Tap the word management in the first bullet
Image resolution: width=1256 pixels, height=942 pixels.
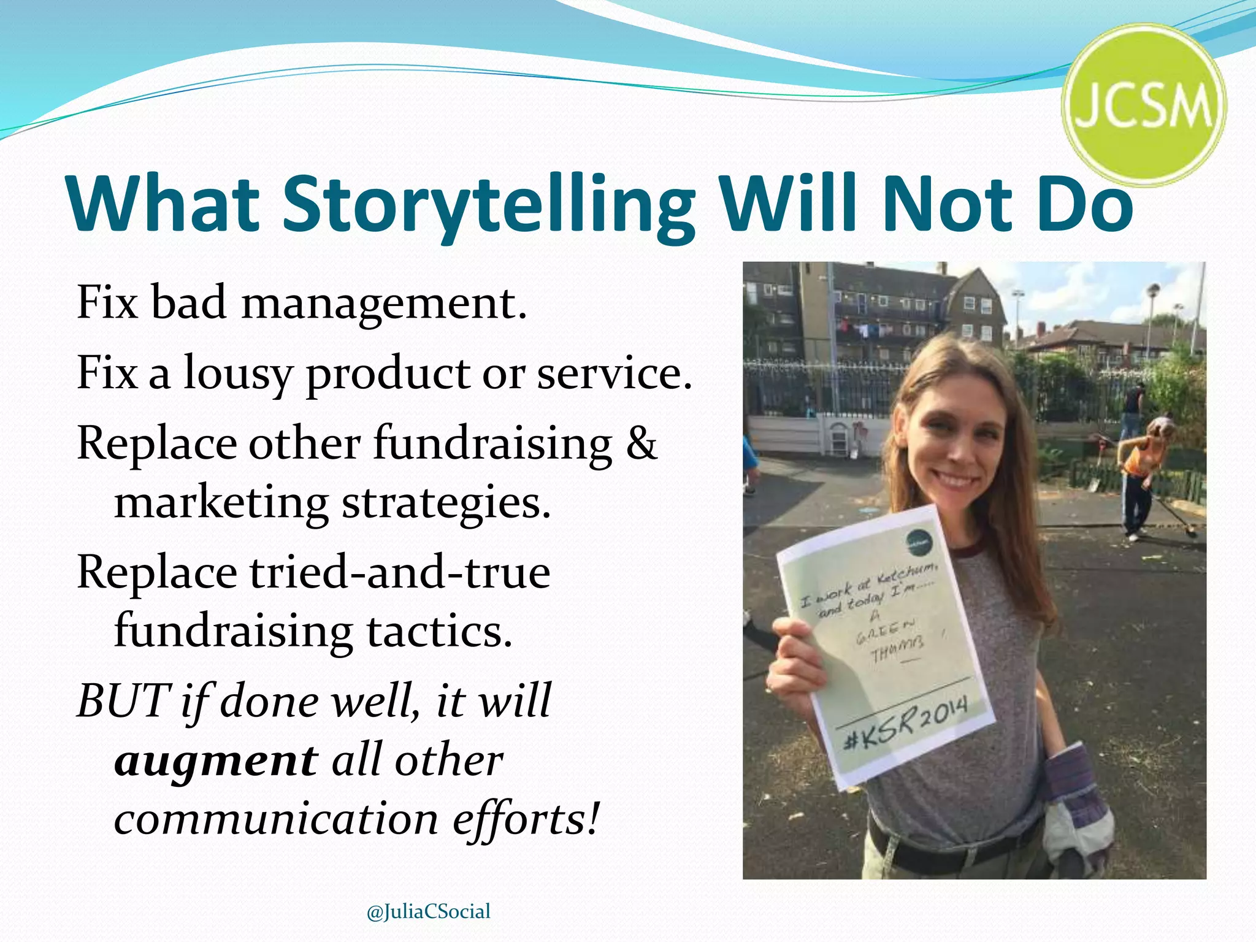384,303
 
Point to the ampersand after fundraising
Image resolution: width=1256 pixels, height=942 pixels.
641,443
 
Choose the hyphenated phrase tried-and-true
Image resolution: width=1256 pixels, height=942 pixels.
399,573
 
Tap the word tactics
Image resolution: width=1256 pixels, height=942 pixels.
439,632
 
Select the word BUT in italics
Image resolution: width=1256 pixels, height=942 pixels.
123,701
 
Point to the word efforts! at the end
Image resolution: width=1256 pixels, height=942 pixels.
525,820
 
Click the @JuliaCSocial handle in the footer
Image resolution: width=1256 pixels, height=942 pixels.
428,911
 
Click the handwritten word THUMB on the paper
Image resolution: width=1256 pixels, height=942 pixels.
898,651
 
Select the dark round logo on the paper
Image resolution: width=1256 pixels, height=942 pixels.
919,542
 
